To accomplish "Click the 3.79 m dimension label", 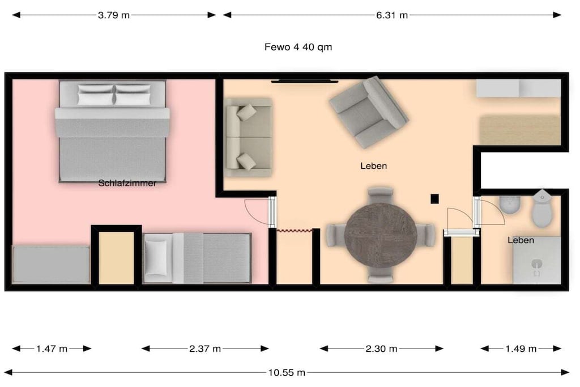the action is (114, 15).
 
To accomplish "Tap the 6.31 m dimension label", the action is (392, 15).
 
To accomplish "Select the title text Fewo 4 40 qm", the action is (298, 47).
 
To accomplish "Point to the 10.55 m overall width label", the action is (287, 372).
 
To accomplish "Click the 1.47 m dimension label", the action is (52, 348).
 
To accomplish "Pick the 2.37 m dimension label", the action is (205, 348).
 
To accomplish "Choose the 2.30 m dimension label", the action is (381, 348).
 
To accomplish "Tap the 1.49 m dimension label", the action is (521, 348).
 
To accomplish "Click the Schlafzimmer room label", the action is (127, 183).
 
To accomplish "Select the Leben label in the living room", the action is (374, 166).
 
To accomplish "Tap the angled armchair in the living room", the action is (369, 112).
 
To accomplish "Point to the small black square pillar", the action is (434, 199).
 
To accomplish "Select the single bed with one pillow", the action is (197, 258).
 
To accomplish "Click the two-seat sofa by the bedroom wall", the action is (249, 137).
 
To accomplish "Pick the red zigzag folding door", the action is (295, 231).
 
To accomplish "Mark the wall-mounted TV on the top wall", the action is (304, 81).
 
